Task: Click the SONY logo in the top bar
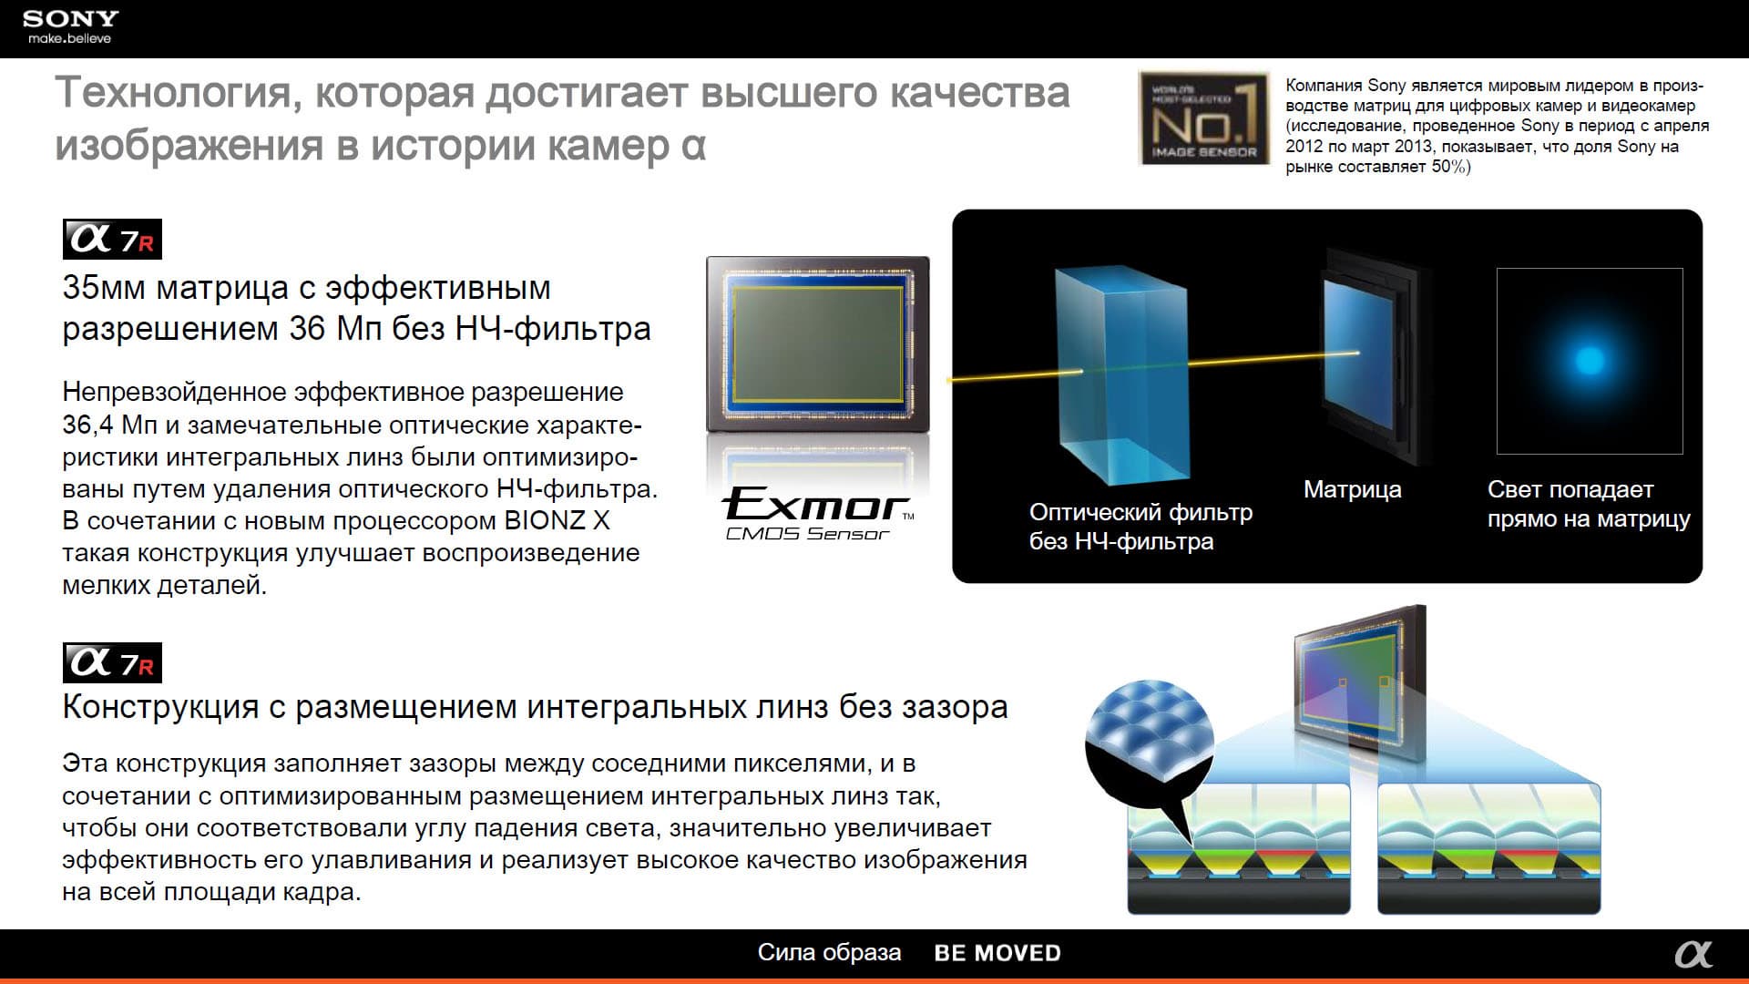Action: tap(70, 19)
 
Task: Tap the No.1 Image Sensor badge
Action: tap(1203, 118)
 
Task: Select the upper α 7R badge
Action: tap(112, 240)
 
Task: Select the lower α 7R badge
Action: tap(112, 662)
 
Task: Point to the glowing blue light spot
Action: tap(1590, 360)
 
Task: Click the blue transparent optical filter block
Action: tap(1122, 375)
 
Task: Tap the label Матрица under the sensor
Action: tap(1352, 489)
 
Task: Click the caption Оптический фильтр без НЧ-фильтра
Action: tap(1140, 527)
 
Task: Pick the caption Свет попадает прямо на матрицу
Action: tap(1589, 504)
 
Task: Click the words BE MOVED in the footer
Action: tap(997, 953)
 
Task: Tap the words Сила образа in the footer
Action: tap(829, 952)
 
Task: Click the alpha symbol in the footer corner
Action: tap(1693, 954)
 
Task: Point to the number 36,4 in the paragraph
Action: tap(88, 425)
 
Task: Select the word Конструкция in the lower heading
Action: tap(160, 707)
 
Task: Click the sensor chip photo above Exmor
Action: tap(818, 344)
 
